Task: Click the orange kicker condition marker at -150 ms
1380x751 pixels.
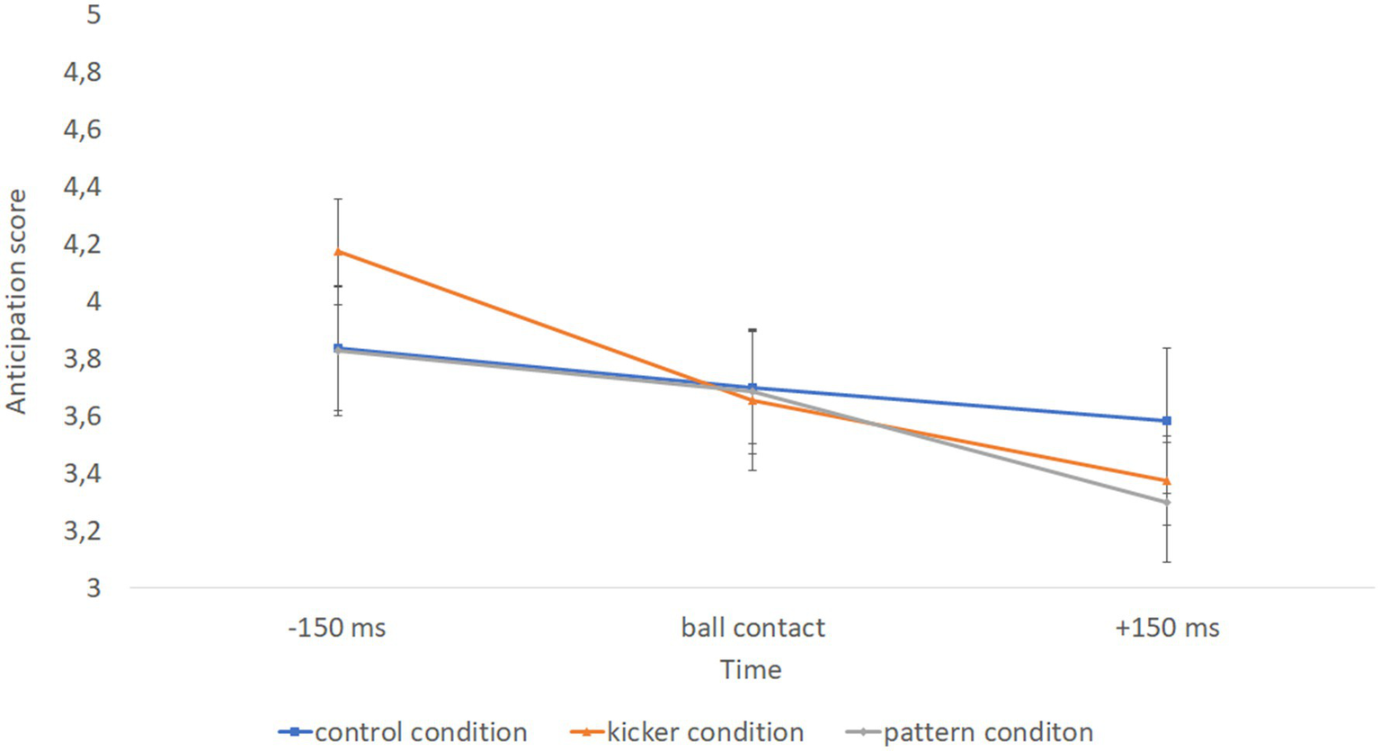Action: pyautogui.click(x=338, y=252)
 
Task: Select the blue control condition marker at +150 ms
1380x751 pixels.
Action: pyautogui.click(x=1167, y=421)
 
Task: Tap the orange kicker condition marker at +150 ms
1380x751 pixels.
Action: pyautogui.click(x=1167, y=481)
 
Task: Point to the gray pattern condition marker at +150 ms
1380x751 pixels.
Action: pyautogui.click(x=1167, y=502)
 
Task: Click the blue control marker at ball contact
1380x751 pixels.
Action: pyautogui.click(x=752, y=388)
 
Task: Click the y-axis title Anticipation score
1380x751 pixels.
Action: pyautogui.click(x=17, y=301)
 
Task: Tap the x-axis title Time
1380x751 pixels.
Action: pyautogui.click(x=751, y=670)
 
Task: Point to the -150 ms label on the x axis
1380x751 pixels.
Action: pyautogui.click(x=337, y=628)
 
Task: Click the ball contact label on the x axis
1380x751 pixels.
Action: pyautogui.click(x=752, y=628)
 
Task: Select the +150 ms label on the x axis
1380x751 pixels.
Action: pyautogui.click(x=1167, y=628)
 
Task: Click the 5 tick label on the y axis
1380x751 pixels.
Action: pyautogui.click(x=93, y=15)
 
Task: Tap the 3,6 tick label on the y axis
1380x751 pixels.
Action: pyautogui.click(x=83, y=417)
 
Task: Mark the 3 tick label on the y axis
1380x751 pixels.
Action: pyautogui.click(x=93, y=588)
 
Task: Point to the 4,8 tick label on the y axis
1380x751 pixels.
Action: pyautogui.click(x=83, y=73)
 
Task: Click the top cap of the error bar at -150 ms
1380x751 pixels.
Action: pyautogui.click(x=338, y=199)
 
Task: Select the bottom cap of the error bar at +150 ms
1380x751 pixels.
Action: pyautogui.click(x=1167, y=562)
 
